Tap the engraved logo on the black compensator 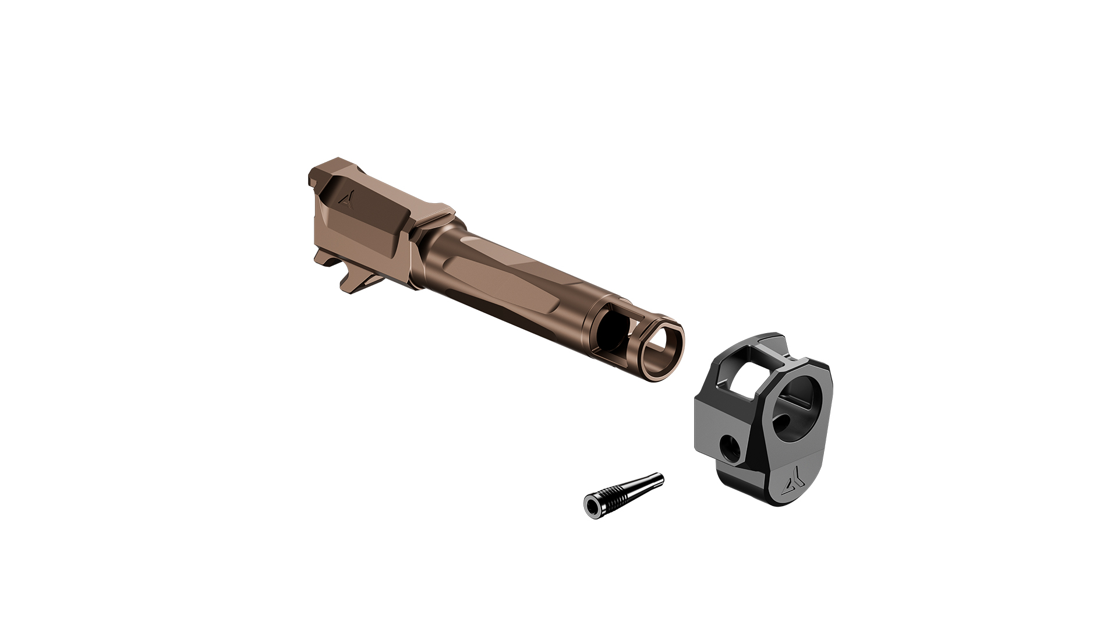(793, 484)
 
